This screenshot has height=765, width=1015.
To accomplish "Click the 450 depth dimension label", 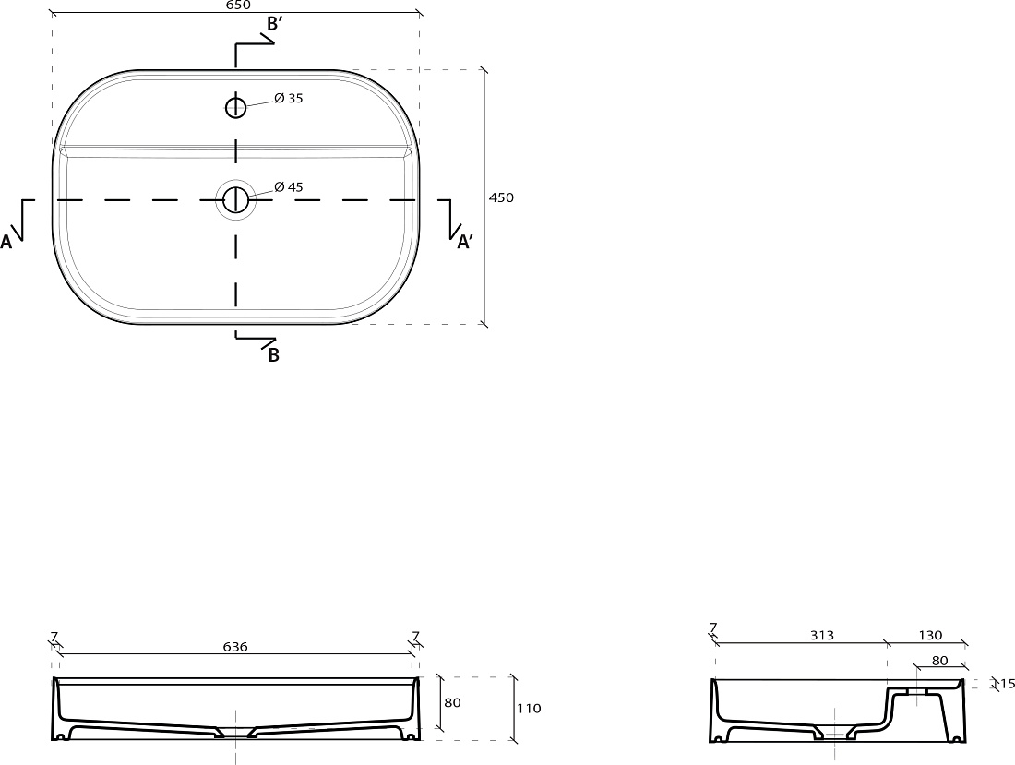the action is [x=501, y=198].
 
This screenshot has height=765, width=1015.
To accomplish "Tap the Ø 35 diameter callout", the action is [x=289, y=99].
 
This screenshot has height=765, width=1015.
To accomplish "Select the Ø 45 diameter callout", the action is [x=289, y=187].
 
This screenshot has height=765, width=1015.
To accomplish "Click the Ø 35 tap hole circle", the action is [x=235, y=107].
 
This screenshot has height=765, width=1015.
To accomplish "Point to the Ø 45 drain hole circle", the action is [x=235, y=200].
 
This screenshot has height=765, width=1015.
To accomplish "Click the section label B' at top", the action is [x=274, y=24].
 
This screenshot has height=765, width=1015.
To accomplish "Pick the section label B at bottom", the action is [x=274, y=354].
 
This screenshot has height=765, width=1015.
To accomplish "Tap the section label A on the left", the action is [x=6, y=242].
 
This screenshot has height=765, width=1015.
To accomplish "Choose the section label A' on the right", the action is [x=465, y=242].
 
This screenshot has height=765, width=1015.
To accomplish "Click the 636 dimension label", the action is [x=235, y=647].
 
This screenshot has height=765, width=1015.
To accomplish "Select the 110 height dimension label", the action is [x=529, y=709].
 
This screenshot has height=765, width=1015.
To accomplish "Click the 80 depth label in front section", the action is [x=453, y=702].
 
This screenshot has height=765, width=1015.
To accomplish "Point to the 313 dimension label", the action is [x=822, y=636].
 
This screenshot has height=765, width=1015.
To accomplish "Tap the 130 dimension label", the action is [x=930, y=636].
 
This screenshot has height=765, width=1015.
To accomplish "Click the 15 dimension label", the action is [x=1007, y=684].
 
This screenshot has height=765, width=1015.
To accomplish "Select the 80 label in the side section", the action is [x=940, y=661].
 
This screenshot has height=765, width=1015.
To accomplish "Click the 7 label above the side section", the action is [x=713, y=628].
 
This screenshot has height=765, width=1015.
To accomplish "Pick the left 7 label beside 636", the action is [x=54, y=636].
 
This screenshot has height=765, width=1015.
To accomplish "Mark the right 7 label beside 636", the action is [x=415, y=636].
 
